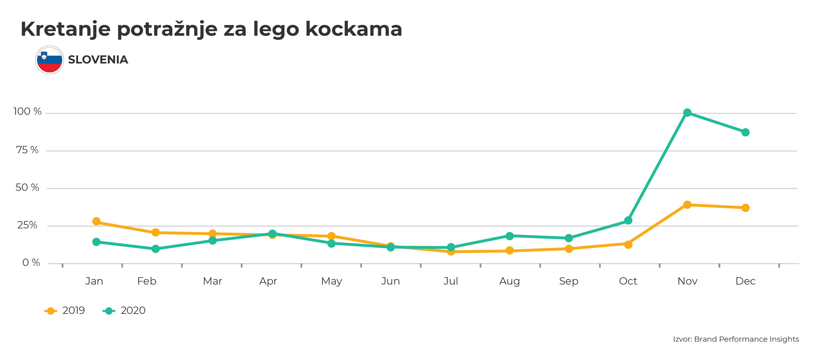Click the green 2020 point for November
coord(687,112)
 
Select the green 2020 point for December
coord(745,132)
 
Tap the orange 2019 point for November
coord(687,205)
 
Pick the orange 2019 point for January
coord(97,221)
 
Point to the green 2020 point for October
coord(628,220)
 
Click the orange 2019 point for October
coord(628,245)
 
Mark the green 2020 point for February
coord(155,249)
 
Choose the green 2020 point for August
coord(510,236)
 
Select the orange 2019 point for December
coord(745,208)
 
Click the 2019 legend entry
coord(65,311)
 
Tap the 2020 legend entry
coord(124,311)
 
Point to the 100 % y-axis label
coord(27,111)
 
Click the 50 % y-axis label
coord(27,187)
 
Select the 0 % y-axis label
coord(31,263)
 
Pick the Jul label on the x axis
coord(450,281)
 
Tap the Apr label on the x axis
coord(268,281)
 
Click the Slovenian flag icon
coord(49,60)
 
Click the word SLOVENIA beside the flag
coord(98,60)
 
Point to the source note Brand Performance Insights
coord(746,339)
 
